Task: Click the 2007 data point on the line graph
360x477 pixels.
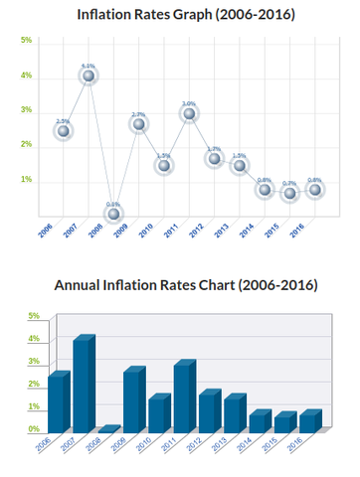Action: [89, 76]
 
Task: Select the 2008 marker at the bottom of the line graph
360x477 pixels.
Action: [113, 214]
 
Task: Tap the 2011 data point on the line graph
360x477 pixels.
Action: [189, 114]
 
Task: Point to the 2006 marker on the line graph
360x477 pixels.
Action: [63, 131]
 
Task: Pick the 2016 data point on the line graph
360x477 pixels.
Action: [314, 189]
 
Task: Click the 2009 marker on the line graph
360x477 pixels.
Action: [138, 124]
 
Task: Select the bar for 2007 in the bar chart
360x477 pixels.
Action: [83, 386]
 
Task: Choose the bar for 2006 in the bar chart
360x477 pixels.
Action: [57, 403]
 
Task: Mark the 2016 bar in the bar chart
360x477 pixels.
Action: [310, 422]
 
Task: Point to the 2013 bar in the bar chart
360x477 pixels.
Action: [234, 415]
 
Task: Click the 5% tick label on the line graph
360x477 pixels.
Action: [26, 41]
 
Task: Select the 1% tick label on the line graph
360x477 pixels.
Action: [26, 180]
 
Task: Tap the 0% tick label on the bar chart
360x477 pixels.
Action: [33, 429]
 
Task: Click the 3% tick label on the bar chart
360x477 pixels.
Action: [33, 362]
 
